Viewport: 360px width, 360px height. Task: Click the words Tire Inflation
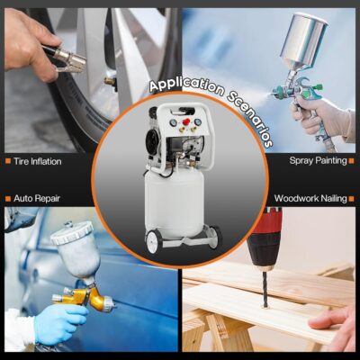pos(38,161)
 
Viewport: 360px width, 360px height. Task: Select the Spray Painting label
pos(318,160)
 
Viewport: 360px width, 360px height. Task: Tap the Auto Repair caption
pos(37,198)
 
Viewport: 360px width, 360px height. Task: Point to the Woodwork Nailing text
pos(310,198)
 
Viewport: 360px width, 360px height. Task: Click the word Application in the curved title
pos(186,85)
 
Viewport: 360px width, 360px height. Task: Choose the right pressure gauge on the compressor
pos(198,121)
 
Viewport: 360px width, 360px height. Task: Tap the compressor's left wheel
pos(154,240)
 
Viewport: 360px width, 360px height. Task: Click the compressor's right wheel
pos(215,237)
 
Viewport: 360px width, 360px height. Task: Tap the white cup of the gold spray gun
pos(76,250)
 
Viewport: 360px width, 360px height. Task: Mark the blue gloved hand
pos(60,324)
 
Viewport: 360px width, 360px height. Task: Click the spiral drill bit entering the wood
pos(265,289)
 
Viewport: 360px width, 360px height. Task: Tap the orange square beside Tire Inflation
pos(8,161)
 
